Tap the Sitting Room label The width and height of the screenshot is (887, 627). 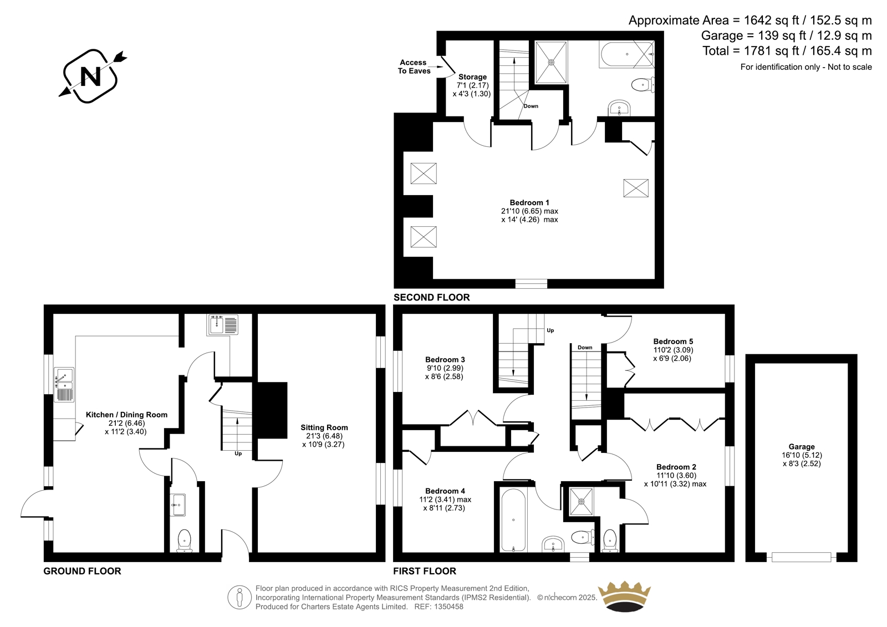pos(324,427)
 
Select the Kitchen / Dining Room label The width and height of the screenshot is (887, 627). pos(126,415)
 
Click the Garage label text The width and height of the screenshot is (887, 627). pos(802,446)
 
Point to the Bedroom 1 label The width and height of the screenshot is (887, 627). pos(529,202)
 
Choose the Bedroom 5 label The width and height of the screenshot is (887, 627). pos(673,341)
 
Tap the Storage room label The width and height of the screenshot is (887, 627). pos(472,77)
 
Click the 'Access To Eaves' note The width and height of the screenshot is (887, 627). pos(414,67)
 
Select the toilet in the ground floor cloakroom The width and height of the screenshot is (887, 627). pos(184,541)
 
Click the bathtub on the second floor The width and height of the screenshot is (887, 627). pos(626,55)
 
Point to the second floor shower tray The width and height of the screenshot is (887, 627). pos(551,62)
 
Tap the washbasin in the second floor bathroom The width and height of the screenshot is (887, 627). pos(619,108)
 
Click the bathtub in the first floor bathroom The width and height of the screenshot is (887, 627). pos(513,520)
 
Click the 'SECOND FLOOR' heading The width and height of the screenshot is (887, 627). pos(431,298)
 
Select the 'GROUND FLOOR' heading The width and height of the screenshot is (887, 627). pos(82,571)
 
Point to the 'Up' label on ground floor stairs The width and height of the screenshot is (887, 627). pos(238,453)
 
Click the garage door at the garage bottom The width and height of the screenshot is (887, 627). pos(802,557)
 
